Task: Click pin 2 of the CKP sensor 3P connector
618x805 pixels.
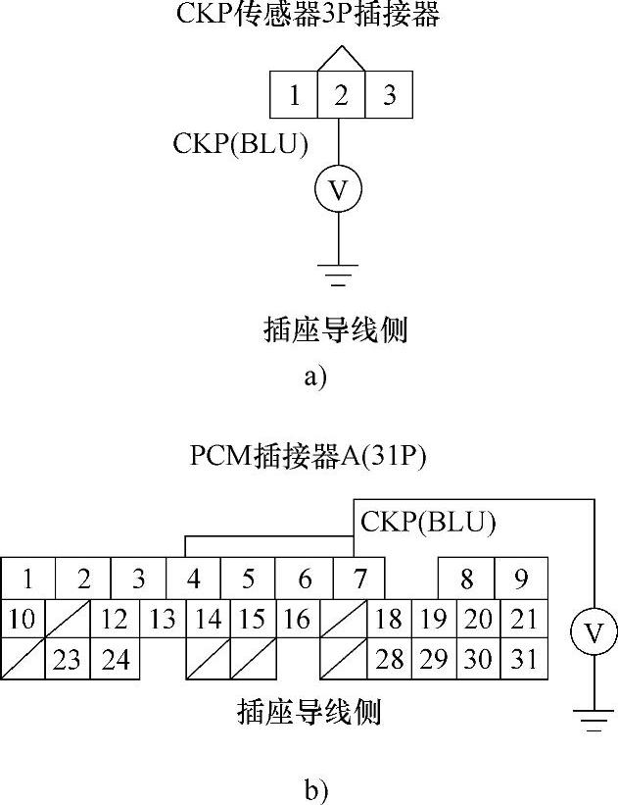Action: coord(340,95)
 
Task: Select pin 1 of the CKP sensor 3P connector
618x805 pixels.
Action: coord(294,95)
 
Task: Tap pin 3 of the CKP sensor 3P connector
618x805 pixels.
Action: coord(389,95)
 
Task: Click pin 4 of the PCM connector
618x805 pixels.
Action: coord(194,579)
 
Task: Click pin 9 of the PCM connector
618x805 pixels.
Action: coord(522,579)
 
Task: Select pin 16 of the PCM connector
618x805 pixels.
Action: coord(297,620)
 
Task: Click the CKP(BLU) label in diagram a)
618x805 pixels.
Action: coord(241,144)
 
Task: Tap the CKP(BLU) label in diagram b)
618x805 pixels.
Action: coord(428,522)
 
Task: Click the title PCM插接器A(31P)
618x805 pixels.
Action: coord(309,457)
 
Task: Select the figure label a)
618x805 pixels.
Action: coord(313,377)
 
